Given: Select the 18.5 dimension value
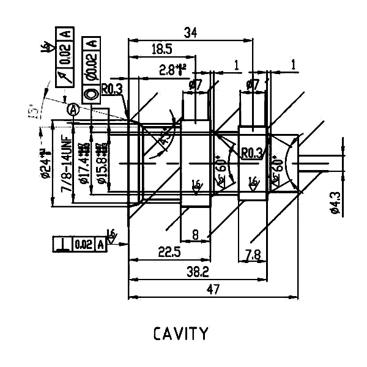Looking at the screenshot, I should pyautogui.click(x=160, y=49).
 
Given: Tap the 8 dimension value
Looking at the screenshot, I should pyautogui.click(x=195, y=234).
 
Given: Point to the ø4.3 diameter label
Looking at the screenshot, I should pyautogui.click(x=334, y=201).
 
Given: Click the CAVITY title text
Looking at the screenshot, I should pyautogui.click(x=180, y=334).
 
